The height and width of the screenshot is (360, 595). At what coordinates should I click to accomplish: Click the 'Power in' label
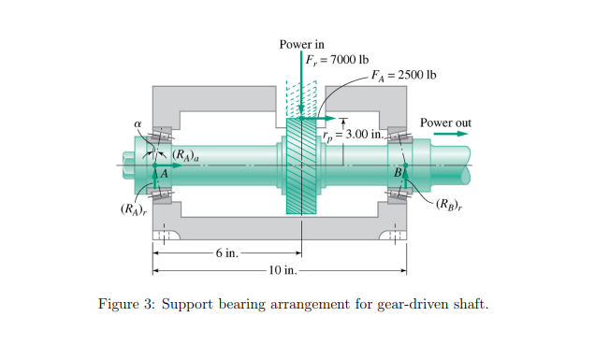[x=301, y=45]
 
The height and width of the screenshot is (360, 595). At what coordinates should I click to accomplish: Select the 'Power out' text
[x=446, y=122]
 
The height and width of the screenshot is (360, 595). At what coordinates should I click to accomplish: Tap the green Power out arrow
[x=451, y=135]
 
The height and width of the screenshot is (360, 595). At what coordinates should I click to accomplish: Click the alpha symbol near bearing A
[x=138, y=122]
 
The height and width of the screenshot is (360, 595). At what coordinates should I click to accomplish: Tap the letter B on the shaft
[x=397, y=173]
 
